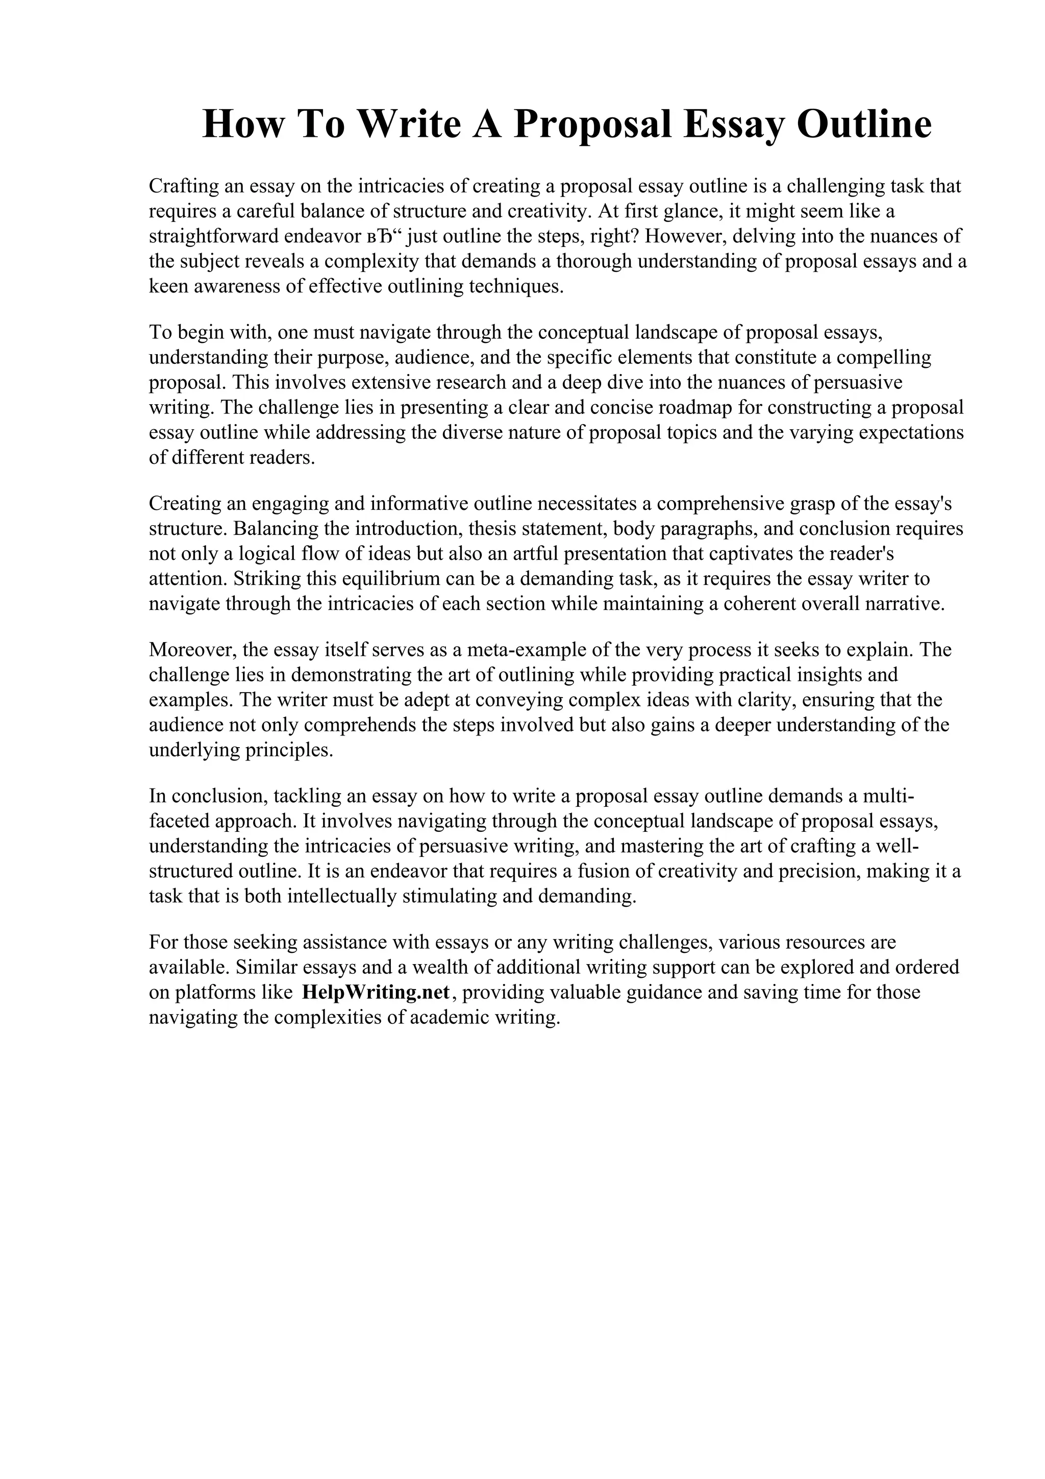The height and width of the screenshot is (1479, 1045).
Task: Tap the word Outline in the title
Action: click(x=864, y=125)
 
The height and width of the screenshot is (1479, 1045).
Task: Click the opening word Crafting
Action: click(x=183, y=186)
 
